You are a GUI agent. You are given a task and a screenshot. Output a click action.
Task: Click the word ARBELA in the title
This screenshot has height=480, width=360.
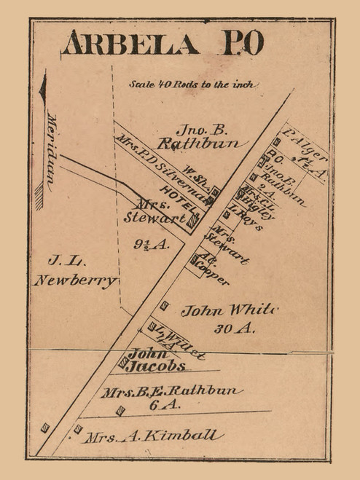click(130, 44)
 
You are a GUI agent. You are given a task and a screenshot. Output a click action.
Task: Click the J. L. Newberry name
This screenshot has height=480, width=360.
click(75, 270)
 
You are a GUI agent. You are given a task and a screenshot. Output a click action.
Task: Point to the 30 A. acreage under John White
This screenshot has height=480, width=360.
click(234, 328)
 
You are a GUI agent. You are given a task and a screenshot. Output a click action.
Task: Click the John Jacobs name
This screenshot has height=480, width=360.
click(156, 361)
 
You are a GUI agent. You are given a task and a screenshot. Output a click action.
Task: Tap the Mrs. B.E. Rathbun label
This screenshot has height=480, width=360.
click(171, 392)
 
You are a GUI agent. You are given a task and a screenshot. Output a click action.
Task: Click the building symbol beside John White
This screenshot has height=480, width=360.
click(165, 305)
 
